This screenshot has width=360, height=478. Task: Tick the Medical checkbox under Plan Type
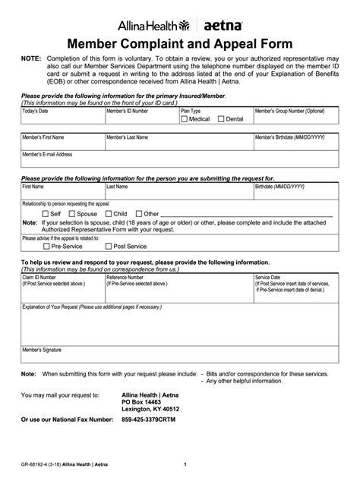click(x=185, y=119)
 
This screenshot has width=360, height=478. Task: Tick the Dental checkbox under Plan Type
click(x=221, y=119)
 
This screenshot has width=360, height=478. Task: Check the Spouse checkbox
click(x=71, y=214)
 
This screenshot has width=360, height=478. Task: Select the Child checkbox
click(x=109, y=214)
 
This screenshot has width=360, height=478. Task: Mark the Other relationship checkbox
click(x=139, y=214)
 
